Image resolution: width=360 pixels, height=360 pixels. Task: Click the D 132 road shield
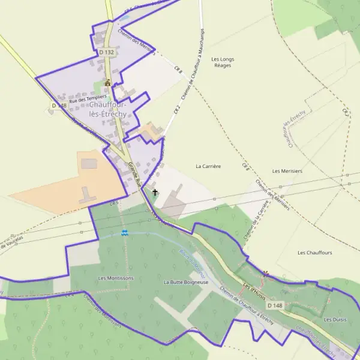click(x=106, y=53)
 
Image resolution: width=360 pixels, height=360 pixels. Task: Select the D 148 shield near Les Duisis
click(x=274, y=305)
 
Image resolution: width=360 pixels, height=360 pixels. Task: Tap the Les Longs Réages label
click(x=223, y=62)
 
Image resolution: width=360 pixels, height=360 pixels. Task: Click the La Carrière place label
click(x=208, y=165)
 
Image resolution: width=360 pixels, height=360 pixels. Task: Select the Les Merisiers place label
click(x=287, y=171)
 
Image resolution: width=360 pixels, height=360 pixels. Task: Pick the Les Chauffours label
click(x=314, y=253)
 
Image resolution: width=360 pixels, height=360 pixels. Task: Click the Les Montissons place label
click(x=116, y=278)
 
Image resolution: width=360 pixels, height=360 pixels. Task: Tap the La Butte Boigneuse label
click(x=186, y=281)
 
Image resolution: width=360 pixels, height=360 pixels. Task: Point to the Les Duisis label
click(x=335, y=319)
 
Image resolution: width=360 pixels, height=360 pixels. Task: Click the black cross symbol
click(x=155, y=193)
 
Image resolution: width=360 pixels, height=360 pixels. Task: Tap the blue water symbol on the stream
click(x=124, y=233)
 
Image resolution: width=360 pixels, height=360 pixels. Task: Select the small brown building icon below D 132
click(x=108, y=83)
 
